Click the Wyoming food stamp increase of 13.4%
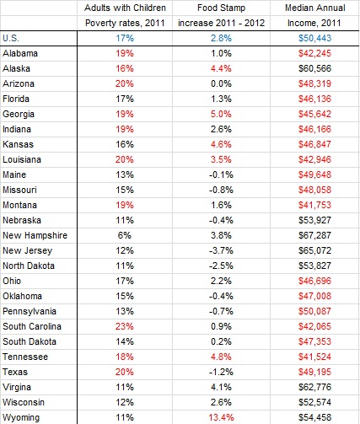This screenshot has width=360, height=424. (x=221, y=417)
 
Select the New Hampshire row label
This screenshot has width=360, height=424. (x=35, y=235)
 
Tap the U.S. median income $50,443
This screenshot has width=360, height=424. (x=315, y=38)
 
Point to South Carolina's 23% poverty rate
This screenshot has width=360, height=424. (x=125, y=326)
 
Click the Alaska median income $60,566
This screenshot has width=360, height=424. (x=315, y=68)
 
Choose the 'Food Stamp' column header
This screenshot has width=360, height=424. (x=221, y=8)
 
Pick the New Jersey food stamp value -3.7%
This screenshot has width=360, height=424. (x=221, y=250)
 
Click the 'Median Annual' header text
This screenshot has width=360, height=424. (x=315, y=8)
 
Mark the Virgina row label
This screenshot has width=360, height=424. (x=17, y=387)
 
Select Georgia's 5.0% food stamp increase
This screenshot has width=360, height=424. (x=221, y=114)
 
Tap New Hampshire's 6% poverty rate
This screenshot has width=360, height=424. (x=125, y=235)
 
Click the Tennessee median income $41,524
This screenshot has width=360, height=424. (x=315, y=357)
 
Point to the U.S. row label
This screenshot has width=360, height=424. (x=11, y=38)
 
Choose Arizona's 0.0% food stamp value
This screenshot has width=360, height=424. (x=221, y=83)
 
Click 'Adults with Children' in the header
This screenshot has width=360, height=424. (x=125, y=8)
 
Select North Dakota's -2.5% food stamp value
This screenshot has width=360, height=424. (x=221, y=266)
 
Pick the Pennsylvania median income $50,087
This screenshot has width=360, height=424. (x=315, y=311)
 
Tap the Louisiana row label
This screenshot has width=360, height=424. (x=22, y=159)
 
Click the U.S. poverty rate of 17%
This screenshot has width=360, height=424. (x=125, y=38)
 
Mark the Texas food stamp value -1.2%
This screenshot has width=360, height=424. (x=221, y=372)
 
